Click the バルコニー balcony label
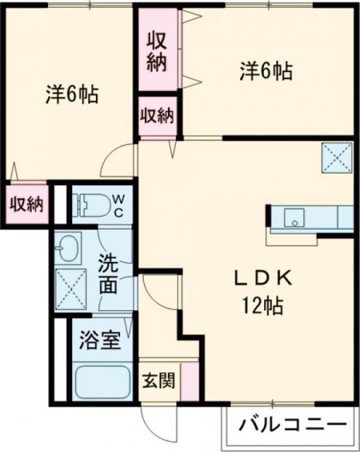292,425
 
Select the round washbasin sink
69,247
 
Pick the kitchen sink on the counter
292,218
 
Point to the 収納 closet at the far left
26,204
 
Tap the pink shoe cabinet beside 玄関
188,381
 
